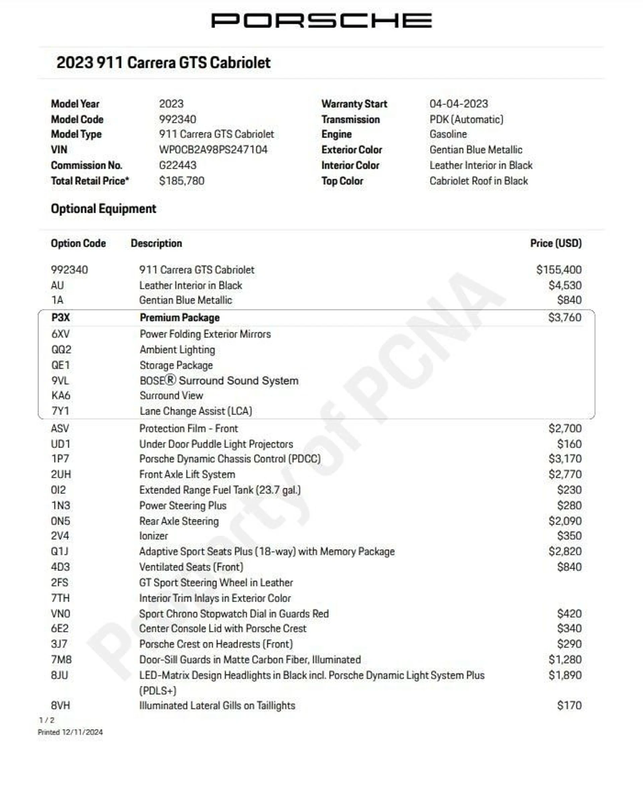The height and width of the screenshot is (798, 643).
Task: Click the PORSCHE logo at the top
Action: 321,20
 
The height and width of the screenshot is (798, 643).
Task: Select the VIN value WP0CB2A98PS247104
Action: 213,150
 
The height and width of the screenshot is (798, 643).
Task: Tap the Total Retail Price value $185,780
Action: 182,181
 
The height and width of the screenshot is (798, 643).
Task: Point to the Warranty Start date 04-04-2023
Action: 458,104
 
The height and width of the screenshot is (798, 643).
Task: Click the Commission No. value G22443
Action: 177,165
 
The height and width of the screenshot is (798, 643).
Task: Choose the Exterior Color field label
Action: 352,150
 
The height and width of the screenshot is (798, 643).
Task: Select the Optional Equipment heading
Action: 103,209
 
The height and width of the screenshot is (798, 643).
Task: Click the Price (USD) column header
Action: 556,243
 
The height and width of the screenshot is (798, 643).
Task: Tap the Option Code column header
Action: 78,243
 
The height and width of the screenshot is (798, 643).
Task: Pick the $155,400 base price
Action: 559,270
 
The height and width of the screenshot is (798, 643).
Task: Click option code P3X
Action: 60,317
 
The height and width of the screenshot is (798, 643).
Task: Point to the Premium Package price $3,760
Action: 565,317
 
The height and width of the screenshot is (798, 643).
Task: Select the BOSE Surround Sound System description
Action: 219,381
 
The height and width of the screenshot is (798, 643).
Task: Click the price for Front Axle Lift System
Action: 565,475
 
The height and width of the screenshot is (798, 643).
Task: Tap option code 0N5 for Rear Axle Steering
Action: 60,521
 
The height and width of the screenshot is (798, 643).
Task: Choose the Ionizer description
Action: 153,536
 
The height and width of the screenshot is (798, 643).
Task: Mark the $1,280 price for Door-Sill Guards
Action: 565,659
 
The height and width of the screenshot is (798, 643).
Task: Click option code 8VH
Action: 60,706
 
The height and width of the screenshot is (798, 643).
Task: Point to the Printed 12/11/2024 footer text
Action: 70,732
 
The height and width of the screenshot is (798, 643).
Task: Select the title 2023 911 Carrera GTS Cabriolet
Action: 163,63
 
